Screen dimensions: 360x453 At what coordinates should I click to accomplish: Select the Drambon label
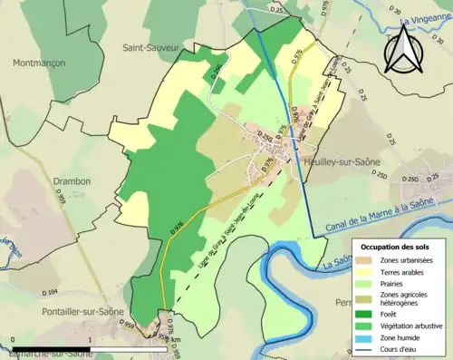(71, 181)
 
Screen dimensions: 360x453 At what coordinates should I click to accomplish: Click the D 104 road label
(50, 292)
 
